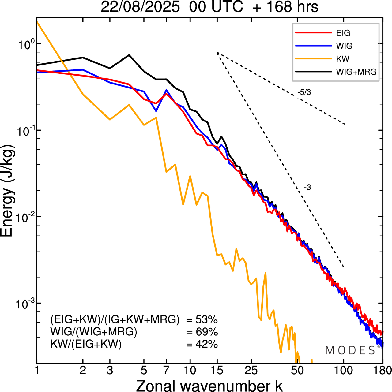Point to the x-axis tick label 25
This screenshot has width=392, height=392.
251,370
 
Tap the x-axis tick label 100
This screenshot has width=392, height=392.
343,370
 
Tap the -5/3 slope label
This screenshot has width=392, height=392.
304,92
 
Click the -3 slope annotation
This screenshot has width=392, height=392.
307,188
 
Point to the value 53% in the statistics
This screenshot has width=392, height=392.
206,320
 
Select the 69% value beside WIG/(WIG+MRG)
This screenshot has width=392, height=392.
206,332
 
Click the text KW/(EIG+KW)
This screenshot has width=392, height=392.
86,345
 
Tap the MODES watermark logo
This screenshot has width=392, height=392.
350,350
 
